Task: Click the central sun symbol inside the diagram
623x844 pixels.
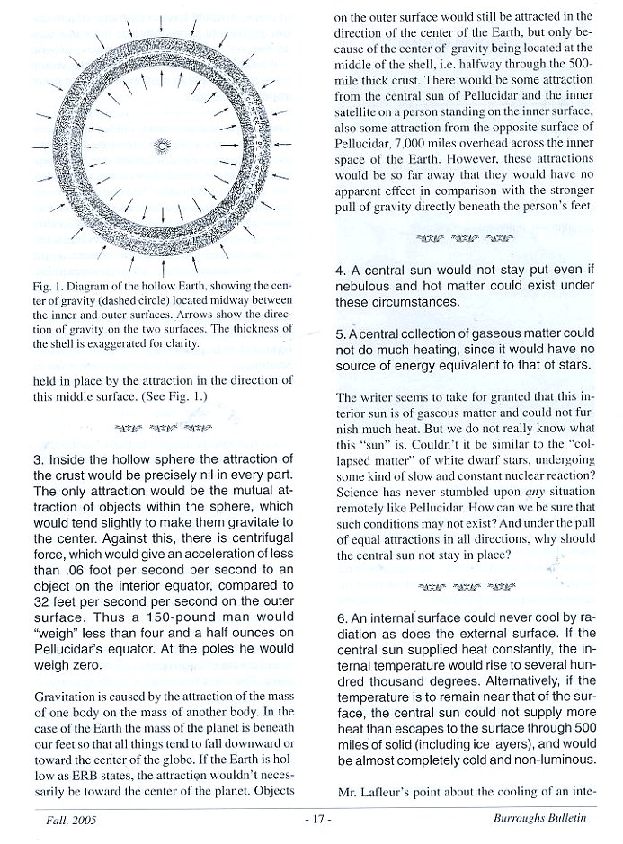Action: pos(161,144)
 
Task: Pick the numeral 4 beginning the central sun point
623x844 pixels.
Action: pos(339,270)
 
